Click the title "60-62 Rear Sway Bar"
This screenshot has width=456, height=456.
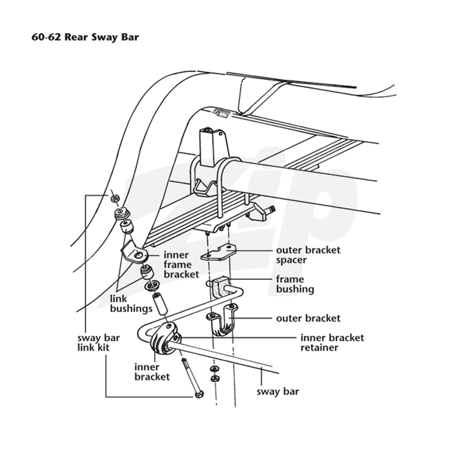coord(85,37)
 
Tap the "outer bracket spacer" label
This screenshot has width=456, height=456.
coord(308,255)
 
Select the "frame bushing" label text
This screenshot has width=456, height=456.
coord(295,284)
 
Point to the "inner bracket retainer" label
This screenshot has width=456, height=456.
coord(332,343)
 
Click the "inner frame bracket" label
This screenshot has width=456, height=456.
coord(181,264)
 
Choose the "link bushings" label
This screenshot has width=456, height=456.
coord(131,304)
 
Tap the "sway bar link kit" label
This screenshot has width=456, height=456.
coord(98,343)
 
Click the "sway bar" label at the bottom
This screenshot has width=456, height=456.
coord(278,392)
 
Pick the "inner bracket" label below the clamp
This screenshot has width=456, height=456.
coord(152,372)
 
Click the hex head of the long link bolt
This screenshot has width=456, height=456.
coord(199,394)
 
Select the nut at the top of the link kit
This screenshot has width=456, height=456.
coord(115,198)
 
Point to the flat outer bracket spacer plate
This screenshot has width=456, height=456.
coord(218,252)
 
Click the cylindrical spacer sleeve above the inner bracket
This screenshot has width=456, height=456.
coord(160,304)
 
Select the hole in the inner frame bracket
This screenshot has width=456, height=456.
coord(139,255)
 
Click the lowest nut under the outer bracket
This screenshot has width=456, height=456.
coord(215,378)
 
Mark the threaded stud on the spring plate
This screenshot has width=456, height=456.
coord(270,209)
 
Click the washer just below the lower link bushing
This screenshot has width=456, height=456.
coord(152,286)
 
